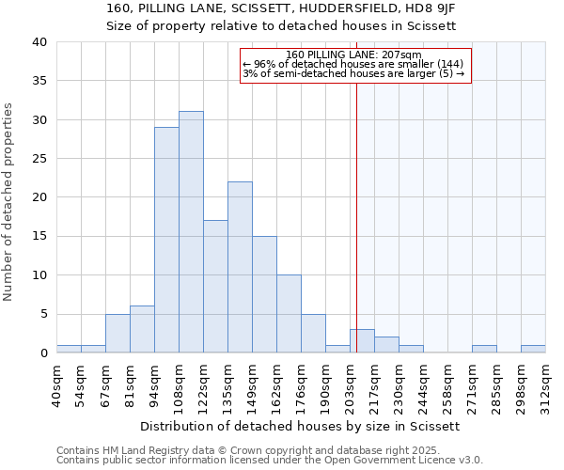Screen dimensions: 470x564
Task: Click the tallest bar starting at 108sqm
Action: click(191, 232)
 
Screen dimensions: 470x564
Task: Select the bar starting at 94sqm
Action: click(166, 240)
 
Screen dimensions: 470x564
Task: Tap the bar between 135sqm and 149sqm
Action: click(240, 267)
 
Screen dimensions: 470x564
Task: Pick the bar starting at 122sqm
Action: click(215, 287)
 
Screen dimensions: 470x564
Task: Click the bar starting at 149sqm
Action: click(264, 294)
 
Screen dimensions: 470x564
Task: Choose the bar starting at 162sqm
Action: click(289, 314)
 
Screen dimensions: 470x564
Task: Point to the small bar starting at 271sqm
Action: click(484, 349)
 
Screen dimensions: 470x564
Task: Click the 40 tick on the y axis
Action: click(39, 42)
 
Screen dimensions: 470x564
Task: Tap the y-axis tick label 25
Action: click(39, 159)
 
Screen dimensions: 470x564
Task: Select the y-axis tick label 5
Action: click(43, 314)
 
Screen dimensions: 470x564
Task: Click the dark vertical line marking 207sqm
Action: click(357, 207)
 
